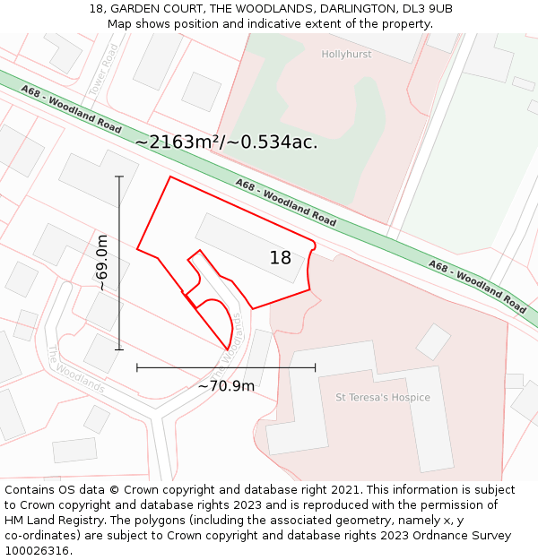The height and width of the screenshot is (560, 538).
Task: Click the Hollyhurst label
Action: pos(346,55)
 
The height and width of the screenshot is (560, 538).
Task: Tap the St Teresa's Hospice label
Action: pos(383,397)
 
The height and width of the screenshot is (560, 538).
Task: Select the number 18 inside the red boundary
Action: pos(281,258)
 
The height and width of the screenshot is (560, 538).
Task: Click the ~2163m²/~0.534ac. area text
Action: pos(226,142)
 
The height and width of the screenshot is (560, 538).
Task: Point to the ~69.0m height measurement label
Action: pos(101,263)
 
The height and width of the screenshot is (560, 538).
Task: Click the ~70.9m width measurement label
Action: pos(226,386)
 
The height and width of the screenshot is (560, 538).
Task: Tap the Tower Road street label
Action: pos(104,71)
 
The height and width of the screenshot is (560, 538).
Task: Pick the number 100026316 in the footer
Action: pos(36,551)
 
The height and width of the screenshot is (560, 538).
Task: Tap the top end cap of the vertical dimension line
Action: pos(119,177)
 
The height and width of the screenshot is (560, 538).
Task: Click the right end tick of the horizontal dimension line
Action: pos(315,366)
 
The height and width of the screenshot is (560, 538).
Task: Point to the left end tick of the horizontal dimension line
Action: pos(137,366)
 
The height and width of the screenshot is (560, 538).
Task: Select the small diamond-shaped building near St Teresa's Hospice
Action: pos(433,341)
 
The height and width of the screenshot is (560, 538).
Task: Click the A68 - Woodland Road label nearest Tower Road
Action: pos(72,109)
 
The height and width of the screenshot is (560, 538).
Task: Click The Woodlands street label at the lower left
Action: pos(75,370)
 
